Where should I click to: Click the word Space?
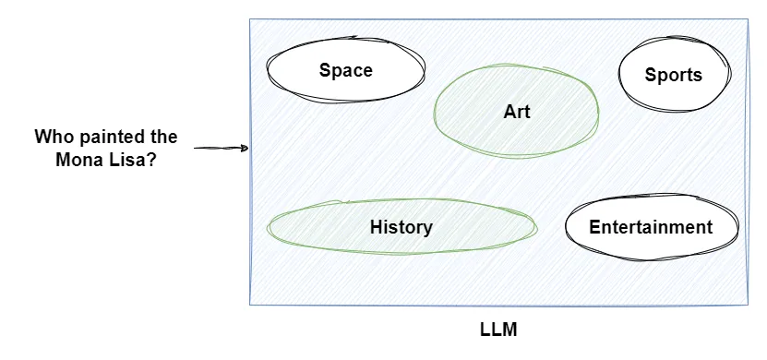pyautogui.click(x=346, y=70)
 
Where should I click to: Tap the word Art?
pyautogui.click(x=517, y=112)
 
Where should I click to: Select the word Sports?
pyautogui.click(x=674, y=76)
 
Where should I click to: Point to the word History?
pyautogui.click(x=401, y=227)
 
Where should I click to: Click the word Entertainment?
pyautogui.click(x=651, y=227)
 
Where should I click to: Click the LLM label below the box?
pyautogui.click(x=499, y=330)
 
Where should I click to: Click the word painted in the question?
pyautogui.click(x=111, y=137)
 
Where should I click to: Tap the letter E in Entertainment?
pyautogui.click(x=594, y=227)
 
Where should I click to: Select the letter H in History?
pyautogui.click(x=376, y=227)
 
